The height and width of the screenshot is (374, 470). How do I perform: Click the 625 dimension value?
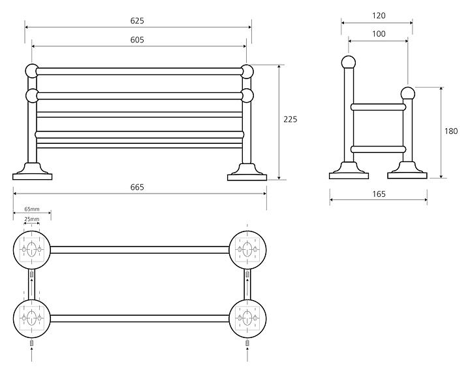pos(137,20)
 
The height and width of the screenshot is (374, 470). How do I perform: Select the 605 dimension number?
pos(137,40)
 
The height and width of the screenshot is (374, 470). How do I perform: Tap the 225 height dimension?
pos(290,120)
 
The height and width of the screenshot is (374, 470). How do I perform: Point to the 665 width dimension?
pos(137,187)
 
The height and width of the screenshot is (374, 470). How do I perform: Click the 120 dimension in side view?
pos(378,16)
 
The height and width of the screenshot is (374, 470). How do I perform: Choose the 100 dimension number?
pos(378,34)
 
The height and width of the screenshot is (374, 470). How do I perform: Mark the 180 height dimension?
pos(451,131)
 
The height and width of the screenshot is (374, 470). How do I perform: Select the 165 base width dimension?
pos(379,194)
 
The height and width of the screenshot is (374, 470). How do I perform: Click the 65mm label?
pos(31,209)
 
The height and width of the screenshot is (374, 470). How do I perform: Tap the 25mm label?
pos(31,219)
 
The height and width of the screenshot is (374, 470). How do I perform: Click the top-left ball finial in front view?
pos(31,70)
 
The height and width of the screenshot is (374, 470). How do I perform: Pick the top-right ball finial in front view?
pos(247,71)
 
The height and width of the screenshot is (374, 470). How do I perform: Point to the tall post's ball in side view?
pos(349,63)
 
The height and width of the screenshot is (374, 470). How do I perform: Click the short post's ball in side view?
pos(407,93)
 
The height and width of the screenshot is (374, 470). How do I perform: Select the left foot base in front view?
pos(32,173)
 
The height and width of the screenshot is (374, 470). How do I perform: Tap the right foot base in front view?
pos(247,173)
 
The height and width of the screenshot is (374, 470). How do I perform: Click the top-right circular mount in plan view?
pos(248,249)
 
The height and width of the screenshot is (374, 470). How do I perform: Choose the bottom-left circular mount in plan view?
pos(32,318)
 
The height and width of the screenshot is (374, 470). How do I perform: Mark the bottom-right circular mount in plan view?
pos(248,318)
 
